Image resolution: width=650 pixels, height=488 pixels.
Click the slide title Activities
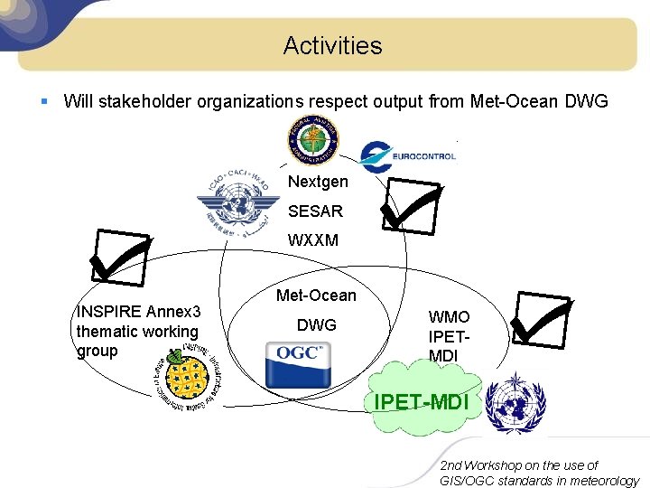332,45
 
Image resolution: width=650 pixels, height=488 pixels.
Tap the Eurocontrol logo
407,156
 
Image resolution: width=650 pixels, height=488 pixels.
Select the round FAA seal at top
313,142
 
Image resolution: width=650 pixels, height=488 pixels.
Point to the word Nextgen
318,183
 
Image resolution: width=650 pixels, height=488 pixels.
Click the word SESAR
315,211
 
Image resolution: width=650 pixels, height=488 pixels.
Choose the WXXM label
313,240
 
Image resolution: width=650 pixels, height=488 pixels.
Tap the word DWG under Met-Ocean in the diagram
316,325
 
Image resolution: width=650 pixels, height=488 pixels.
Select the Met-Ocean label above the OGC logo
316,296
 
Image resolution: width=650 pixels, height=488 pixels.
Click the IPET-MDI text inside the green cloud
421,399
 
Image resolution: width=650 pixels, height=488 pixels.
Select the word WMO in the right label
449,317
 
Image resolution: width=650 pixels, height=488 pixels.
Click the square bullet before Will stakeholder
44,101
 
